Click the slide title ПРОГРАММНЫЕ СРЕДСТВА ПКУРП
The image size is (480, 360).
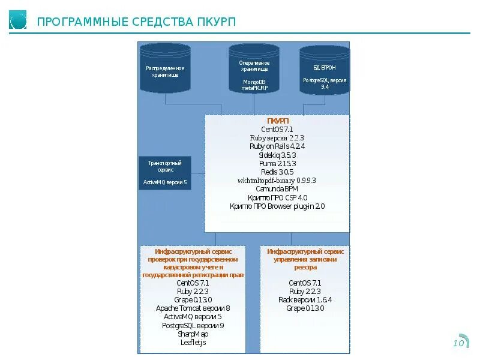[x=136, y=22]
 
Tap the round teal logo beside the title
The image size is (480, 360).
[x=18, y=21]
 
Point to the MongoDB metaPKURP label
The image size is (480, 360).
[x=254, y=85]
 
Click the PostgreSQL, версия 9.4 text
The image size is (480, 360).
[x=325, y=83]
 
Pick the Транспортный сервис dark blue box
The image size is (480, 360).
[x=165, y=173]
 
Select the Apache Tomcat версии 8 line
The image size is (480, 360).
[x=193, y=308]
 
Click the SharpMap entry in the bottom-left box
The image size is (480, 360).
[x=193, y=334]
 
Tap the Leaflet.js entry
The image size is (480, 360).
[x=193, y=343]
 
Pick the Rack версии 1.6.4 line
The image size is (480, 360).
[x=305, y=300]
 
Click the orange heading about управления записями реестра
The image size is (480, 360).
[x=305, y=260]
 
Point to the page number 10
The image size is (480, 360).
[x=458, y=343]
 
